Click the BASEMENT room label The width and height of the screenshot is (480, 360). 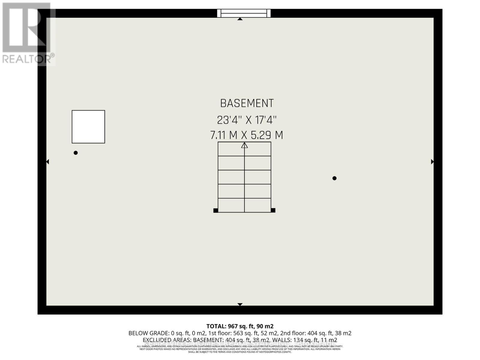(247, 103)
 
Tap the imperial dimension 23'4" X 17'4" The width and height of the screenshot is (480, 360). (247, 120)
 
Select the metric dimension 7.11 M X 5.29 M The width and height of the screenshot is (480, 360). (247, 135)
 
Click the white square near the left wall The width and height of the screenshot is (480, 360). (88, 127)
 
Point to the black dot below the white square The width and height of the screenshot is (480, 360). (76, 153)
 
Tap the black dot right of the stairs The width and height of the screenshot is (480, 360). (334, 178)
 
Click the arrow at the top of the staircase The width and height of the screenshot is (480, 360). (244, 145)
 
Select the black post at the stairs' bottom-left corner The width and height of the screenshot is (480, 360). (215, 210)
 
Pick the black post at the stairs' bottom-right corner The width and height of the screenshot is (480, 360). (273, 210)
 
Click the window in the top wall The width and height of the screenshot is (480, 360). (244, 13)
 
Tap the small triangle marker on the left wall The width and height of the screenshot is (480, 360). (47, 162)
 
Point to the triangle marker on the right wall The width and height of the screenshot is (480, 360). (432, 162)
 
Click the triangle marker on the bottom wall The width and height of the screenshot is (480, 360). (240, 304)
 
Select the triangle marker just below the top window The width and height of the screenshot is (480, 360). (240, 19)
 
